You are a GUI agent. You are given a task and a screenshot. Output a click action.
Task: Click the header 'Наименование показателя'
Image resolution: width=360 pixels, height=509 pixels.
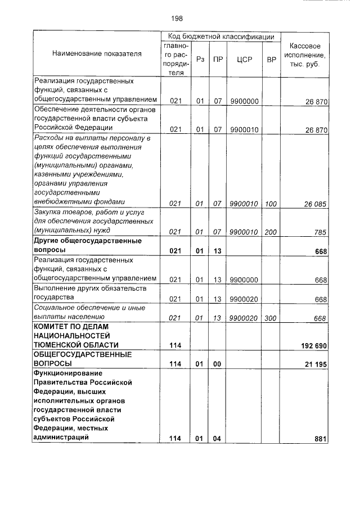coord(97,53)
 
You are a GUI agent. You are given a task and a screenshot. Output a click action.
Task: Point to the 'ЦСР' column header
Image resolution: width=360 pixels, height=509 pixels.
coord(244,58)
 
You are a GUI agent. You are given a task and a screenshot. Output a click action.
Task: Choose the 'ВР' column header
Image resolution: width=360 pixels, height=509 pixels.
coord(271,58)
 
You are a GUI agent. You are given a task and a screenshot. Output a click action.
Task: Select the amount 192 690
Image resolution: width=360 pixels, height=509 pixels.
coord(312,345)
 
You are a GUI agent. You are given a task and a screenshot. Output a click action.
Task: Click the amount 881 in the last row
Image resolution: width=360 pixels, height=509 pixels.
coord(321,439)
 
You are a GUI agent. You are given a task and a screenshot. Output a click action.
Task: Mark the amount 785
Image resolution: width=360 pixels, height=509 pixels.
coord(321,231)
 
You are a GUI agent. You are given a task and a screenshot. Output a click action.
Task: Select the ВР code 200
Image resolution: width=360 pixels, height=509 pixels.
coord(271,231)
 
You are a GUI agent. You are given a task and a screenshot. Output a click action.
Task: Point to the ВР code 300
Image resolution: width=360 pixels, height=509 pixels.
coord(271,318)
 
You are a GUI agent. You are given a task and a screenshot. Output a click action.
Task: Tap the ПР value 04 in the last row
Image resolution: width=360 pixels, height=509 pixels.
coord(217,439)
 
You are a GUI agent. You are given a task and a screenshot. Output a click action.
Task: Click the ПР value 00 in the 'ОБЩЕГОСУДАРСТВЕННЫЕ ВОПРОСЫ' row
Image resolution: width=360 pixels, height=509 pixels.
coord(217,364)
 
